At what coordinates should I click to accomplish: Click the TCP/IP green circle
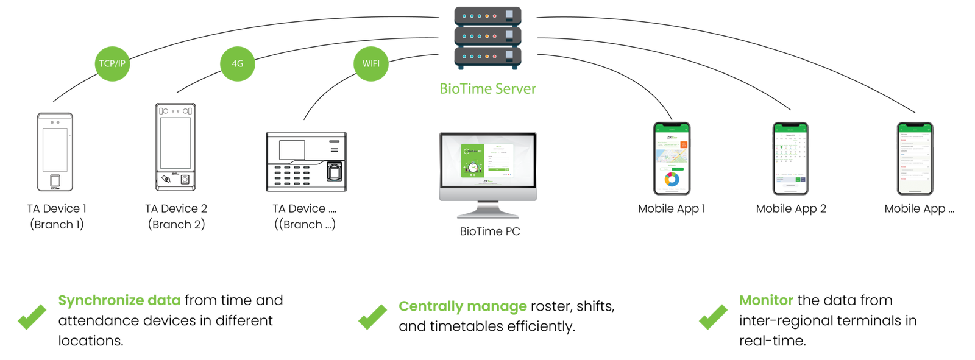[x=113, y=63]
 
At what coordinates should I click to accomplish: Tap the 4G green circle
[x=238, y=63]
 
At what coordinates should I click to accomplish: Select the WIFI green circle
[x=370, y=63]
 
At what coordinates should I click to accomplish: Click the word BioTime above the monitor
[x=465, y=89]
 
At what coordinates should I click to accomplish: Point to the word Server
[x=516, y=89]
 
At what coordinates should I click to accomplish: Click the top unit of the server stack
[x=487, y=16]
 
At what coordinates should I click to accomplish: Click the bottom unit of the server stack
[x=487, y=57]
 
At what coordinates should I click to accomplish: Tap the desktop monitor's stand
[x=488, y=210]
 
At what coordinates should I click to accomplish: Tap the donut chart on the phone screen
[x=672, y=179]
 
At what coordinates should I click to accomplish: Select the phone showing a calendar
[x=790, y=158]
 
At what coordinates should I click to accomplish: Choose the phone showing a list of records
[x=915, y=158]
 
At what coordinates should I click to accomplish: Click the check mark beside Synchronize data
[x=32, y=317]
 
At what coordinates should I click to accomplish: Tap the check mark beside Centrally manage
[x=372, y=317]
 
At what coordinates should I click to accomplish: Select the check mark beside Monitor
[x=712, y=317]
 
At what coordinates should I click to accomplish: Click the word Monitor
[x=766, y=300]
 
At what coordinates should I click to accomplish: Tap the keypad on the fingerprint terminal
[x=291, y=175]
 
